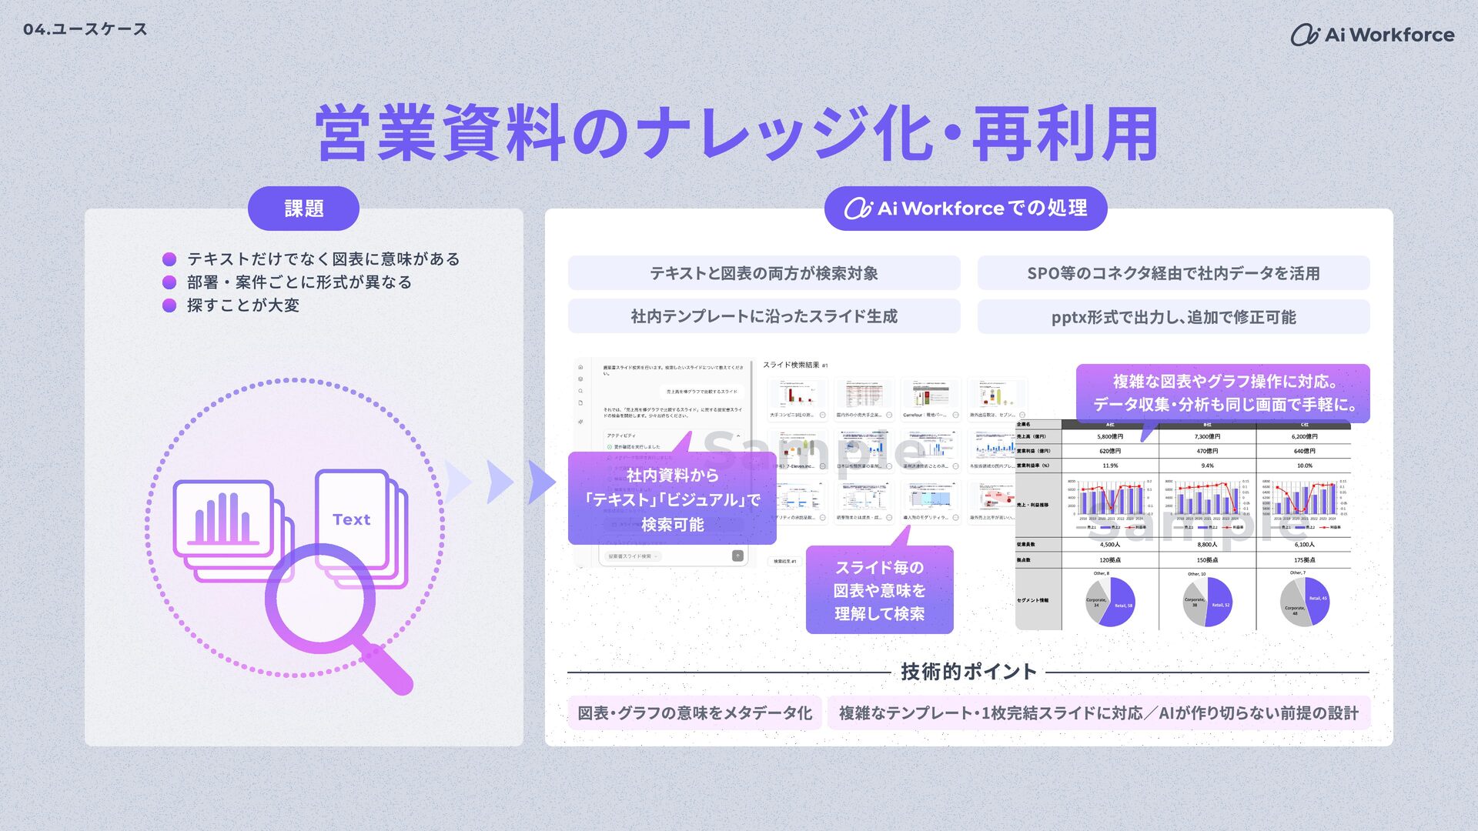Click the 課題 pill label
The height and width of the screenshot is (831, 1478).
click(x=303, y=209)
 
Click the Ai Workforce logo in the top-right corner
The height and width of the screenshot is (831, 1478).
click(x=1372, y=35)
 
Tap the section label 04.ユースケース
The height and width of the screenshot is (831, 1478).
click(x=85, y=29)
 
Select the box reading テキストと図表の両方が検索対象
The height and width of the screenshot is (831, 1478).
click(x=764, y=273)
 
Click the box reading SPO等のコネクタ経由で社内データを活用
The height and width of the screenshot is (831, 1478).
click(x=1173, y=273)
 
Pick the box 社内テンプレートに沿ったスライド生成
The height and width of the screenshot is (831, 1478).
click(x=764, y=316)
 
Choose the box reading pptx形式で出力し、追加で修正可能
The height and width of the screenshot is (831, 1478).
click(x=1173, y=317)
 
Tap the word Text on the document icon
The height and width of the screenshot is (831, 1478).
click(x=352, y=519)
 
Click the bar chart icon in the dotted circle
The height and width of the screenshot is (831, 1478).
click(x=222, y=519)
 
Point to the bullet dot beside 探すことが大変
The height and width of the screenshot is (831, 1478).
click(x=169, y=305)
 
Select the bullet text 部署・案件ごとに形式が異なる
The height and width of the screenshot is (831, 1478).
click(x=299, y=282)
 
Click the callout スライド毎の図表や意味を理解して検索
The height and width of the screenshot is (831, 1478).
click(x=879, y=590)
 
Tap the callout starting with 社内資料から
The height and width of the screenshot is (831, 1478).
click(x=672, y=499)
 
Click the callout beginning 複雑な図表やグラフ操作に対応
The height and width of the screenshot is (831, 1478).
click(x=1222, y=393)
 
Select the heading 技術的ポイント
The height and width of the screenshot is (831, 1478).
click(x=968, y=672)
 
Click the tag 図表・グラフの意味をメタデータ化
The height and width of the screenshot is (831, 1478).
click(x=694, y=713)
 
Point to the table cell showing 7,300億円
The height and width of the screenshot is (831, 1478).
click(x=1207, y=436)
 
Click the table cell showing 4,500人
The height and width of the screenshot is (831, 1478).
click(x=1110, y=545)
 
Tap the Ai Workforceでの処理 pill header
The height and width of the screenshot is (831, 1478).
click(x=965, y=209)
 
